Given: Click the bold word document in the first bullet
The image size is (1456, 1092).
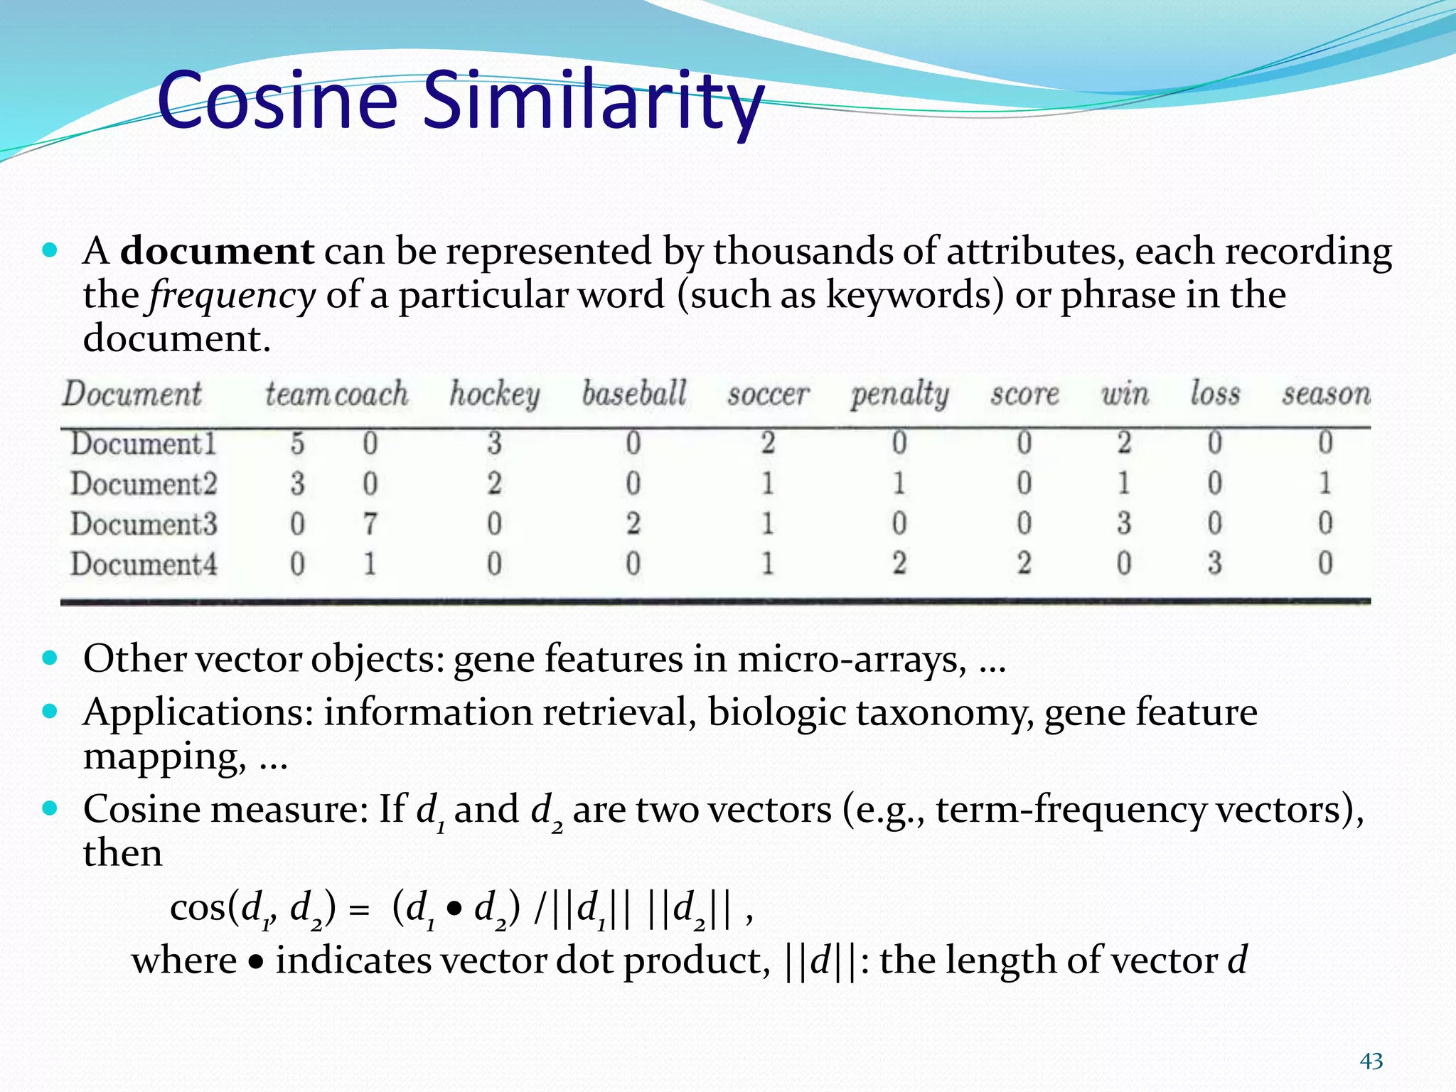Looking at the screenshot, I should click(x=217, y=251).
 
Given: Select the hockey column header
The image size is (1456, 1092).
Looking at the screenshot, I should click(x=494, y=395).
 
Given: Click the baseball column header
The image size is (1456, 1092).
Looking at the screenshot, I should click(x=634, y=394).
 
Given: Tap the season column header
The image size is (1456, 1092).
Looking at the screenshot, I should click(x=1326, y=394).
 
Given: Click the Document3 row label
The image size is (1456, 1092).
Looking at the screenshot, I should click(x=144, y=525).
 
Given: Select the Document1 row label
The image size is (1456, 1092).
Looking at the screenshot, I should click(x=144, y=444).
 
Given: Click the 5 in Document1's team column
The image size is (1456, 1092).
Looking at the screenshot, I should click(x=297, y=444).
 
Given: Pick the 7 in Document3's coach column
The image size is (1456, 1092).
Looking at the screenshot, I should click(x=370, y=525).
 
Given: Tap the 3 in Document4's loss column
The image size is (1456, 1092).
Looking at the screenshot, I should click(x=1214, y=564).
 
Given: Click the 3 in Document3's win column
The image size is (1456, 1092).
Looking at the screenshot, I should click(x=1123, y=524).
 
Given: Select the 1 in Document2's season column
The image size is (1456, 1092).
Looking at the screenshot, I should click(x=1324, y=484).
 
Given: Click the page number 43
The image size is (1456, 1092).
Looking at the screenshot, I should click(x=1371, y=1061).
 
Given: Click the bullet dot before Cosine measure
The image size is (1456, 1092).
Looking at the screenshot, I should click(x=49, y=808).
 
